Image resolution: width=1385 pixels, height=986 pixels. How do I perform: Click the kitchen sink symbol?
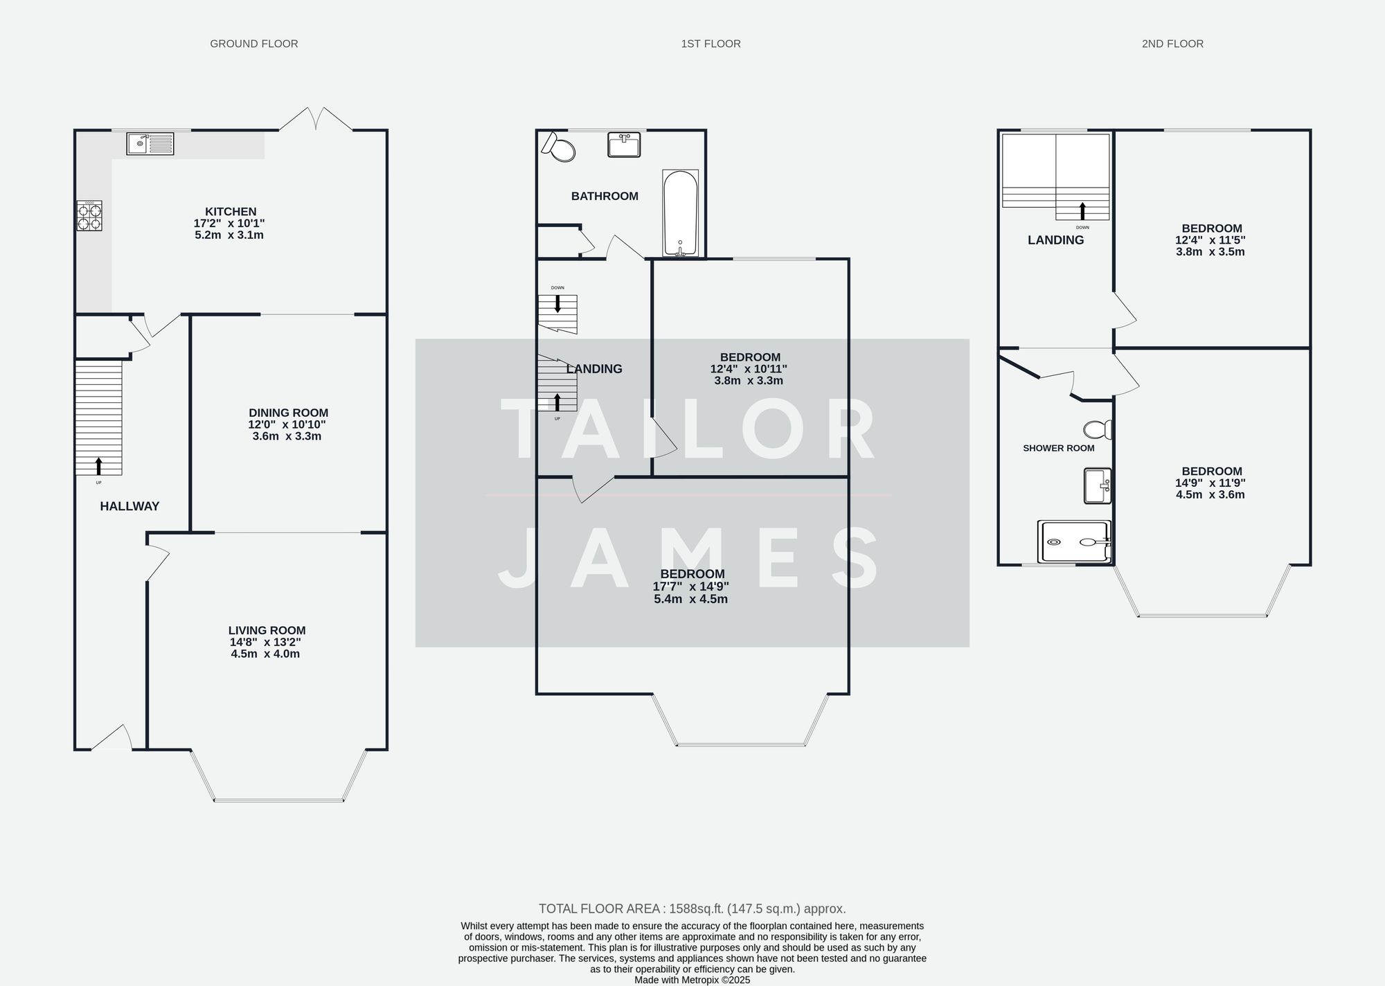pos(150,144)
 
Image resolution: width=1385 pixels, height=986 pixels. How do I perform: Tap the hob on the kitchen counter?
pos(89,215)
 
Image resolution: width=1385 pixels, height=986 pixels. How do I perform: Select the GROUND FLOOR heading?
pos(254,44)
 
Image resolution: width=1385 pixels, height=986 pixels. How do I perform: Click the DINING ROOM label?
pos(288,413)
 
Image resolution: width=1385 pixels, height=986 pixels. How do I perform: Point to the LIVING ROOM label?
pos(267,630)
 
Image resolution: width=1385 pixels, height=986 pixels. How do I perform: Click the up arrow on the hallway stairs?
pos(98,465)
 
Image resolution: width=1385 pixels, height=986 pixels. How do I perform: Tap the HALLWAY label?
pos(129,506)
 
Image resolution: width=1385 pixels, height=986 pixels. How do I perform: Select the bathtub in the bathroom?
pos(680,213)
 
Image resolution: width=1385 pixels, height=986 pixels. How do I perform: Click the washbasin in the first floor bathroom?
pos(624,145)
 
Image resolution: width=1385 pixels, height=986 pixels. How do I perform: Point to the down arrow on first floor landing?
pos(557,303)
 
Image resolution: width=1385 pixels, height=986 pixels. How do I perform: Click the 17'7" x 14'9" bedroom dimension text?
pos(690,586)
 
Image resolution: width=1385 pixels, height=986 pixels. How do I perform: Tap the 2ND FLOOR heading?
pos(1172,44)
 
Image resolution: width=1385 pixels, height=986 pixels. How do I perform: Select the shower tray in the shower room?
pos(1074,541)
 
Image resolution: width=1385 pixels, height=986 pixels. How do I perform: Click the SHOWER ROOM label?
pos(1058,448)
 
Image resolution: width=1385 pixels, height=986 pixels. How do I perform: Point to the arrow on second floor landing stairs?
pos(1082,211)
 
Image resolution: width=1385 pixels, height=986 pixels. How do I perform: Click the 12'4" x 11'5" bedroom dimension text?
pos(1210,240)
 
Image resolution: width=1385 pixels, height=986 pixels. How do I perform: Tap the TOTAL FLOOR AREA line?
pos(692,908)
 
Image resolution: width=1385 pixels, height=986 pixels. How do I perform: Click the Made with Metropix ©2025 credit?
pos(692,980)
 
